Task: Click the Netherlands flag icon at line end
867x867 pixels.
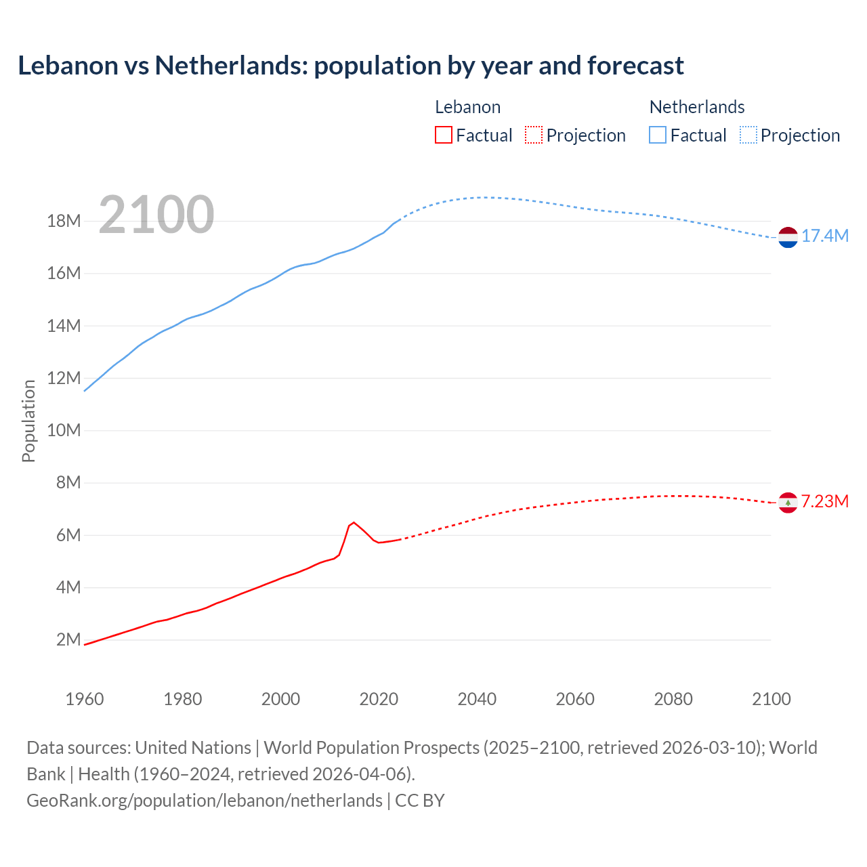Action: [788, 237]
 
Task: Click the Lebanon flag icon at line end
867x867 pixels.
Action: [788, 503]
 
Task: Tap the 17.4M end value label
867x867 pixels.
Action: [824, 236]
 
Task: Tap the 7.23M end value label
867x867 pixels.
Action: [824, 501]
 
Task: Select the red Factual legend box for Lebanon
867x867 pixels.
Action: [443, 135]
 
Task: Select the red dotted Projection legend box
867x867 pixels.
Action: [534, 135]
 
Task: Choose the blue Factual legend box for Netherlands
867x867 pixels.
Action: [657, 135]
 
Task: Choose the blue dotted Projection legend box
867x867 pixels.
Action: [748, 135]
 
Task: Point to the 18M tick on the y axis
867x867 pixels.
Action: [64, 221]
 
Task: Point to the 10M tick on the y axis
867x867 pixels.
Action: [64, 431]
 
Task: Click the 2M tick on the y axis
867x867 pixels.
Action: [68, 640]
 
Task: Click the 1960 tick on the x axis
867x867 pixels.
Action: [85, 699]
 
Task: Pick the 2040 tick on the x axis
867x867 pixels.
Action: [477, 699]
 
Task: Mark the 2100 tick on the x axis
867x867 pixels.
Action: [771, 699]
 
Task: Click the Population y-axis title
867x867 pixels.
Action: [28, 421]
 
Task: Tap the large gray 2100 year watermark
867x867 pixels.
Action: [156, 215]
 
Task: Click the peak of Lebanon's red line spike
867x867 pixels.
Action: [354, 522]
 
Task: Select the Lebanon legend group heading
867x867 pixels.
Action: [467, 107]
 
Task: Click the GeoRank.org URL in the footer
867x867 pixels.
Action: [204, 800]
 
